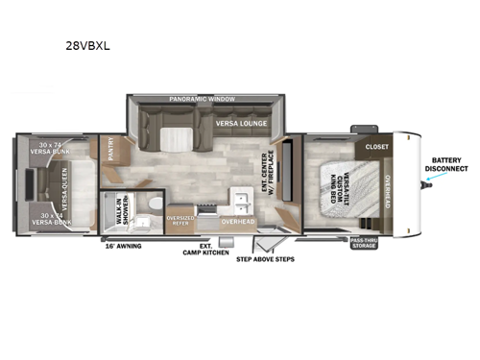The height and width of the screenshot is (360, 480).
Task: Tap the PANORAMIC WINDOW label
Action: tap(201, 100)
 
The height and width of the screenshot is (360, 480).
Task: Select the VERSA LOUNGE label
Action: tap(240, 124)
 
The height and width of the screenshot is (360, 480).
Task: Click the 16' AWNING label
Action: tap(123, 247)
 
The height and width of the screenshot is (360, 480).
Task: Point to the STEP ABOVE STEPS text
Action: tap(265, 258)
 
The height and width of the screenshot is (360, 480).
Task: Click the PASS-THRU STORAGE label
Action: tap(363, 243)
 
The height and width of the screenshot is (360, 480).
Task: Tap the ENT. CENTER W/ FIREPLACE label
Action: tap(268, 171)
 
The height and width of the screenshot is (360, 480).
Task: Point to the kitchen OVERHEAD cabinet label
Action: tap(237, 222)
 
